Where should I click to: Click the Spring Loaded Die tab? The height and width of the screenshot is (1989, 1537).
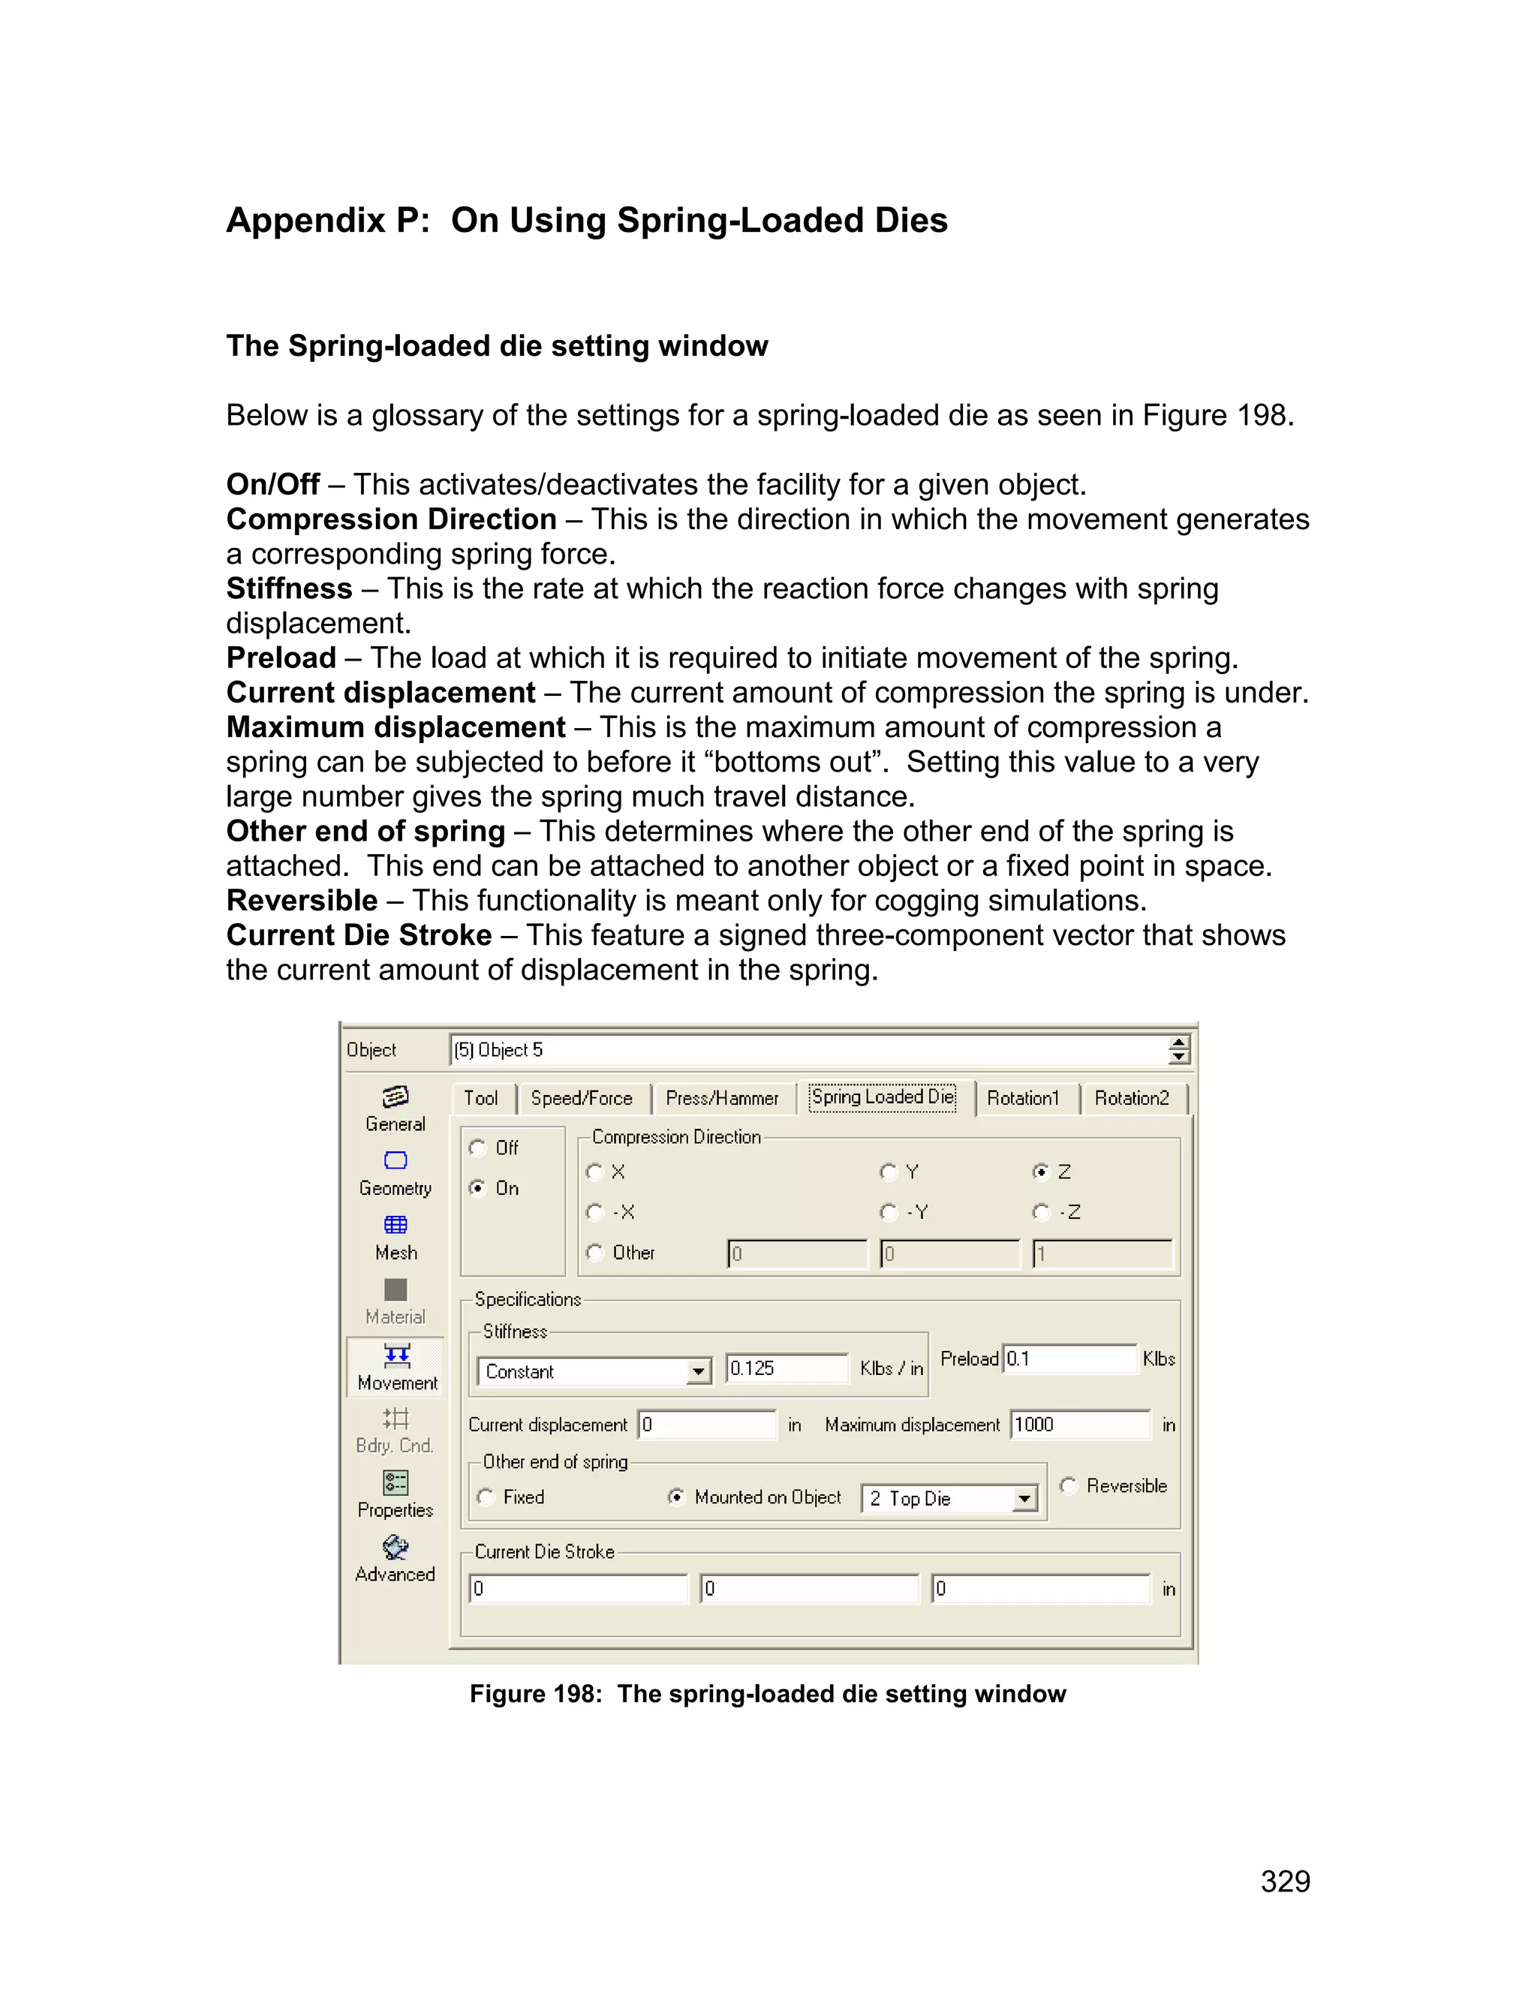[883, 1097]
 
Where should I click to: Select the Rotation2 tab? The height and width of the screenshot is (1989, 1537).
[1131, 1098]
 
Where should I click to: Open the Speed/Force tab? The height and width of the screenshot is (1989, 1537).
[581, 1098]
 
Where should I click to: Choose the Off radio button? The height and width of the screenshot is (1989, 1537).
[478, 1148]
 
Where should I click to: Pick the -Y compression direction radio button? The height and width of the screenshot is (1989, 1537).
[889, 1212]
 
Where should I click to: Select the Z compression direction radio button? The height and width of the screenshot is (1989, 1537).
[1041, 1172]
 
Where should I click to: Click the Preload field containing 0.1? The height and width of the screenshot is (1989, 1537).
[1069, 1359]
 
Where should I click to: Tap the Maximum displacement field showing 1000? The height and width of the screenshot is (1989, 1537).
[1079, 1425]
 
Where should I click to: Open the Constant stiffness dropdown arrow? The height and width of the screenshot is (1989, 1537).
[697, 1371]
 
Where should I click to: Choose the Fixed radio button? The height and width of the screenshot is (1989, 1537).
[486, 1497]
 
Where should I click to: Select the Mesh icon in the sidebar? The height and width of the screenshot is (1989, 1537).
[396, 1225]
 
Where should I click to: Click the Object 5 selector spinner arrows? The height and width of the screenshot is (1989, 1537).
[1178, 1050]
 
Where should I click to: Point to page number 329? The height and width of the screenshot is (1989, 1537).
[1285, 1882]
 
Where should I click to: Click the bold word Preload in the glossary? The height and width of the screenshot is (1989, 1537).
[281, 657]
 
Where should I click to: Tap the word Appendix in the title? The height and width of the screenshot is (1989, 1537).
[305, 221]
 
